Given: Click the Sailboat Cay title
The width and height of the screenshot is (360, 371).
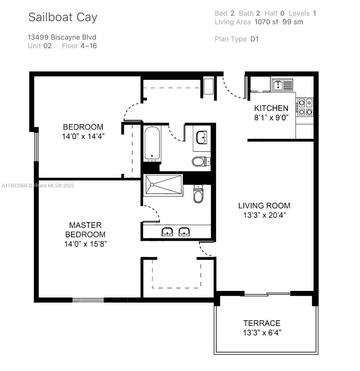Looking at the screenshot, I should (x=63, y=17).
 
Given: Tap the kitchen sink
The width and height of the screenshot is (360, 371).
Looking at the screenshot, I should (x=282, y=85).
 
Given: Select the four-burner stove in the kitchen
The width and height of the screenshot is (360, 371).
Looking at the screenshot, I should (x=305, y=107).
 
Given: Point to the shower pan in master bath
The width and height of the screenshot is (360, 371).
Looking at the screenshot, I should (x=163, y=185).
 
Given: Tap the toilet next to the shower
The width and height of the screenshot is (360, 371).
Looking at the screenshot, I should (x=198, y=194).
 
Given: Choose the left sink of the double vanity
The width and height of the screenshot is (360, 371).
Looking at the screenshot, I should (x=167, y=232).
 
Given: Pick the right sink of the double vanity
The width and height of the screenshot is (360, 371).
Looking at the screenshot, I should (x=184, y=232).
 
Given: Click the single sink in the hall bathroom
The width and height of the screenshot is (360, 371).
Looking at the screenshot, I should (x=202, y=137).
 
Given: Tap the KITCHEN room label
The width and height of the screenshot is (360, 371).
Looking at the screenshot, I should (x=271, y=108).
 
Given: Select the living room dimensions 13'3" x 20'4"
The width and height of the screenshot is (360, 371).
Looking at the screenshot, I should (x=264, y=215).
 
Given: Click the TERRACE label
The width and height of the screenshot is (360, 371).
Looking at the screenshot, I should (x=262, y=323).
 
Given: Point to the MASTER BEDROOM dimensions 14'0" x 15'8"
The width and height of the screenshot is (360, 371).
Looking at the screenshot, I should (x=86, y=244).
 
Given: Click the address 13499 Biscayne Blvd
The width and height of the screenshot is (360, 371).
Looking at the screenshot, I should (x=62, y=37).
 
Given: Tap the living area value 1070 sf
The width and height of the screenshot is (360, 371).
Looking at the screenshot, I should (x=266, y=22).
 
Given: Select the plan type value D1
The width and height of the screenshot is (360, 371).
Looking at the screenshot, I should (x=254, y=39).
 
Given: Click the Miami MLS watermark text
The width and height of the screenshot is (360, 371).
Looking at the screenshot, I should (x=38, y=185).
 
